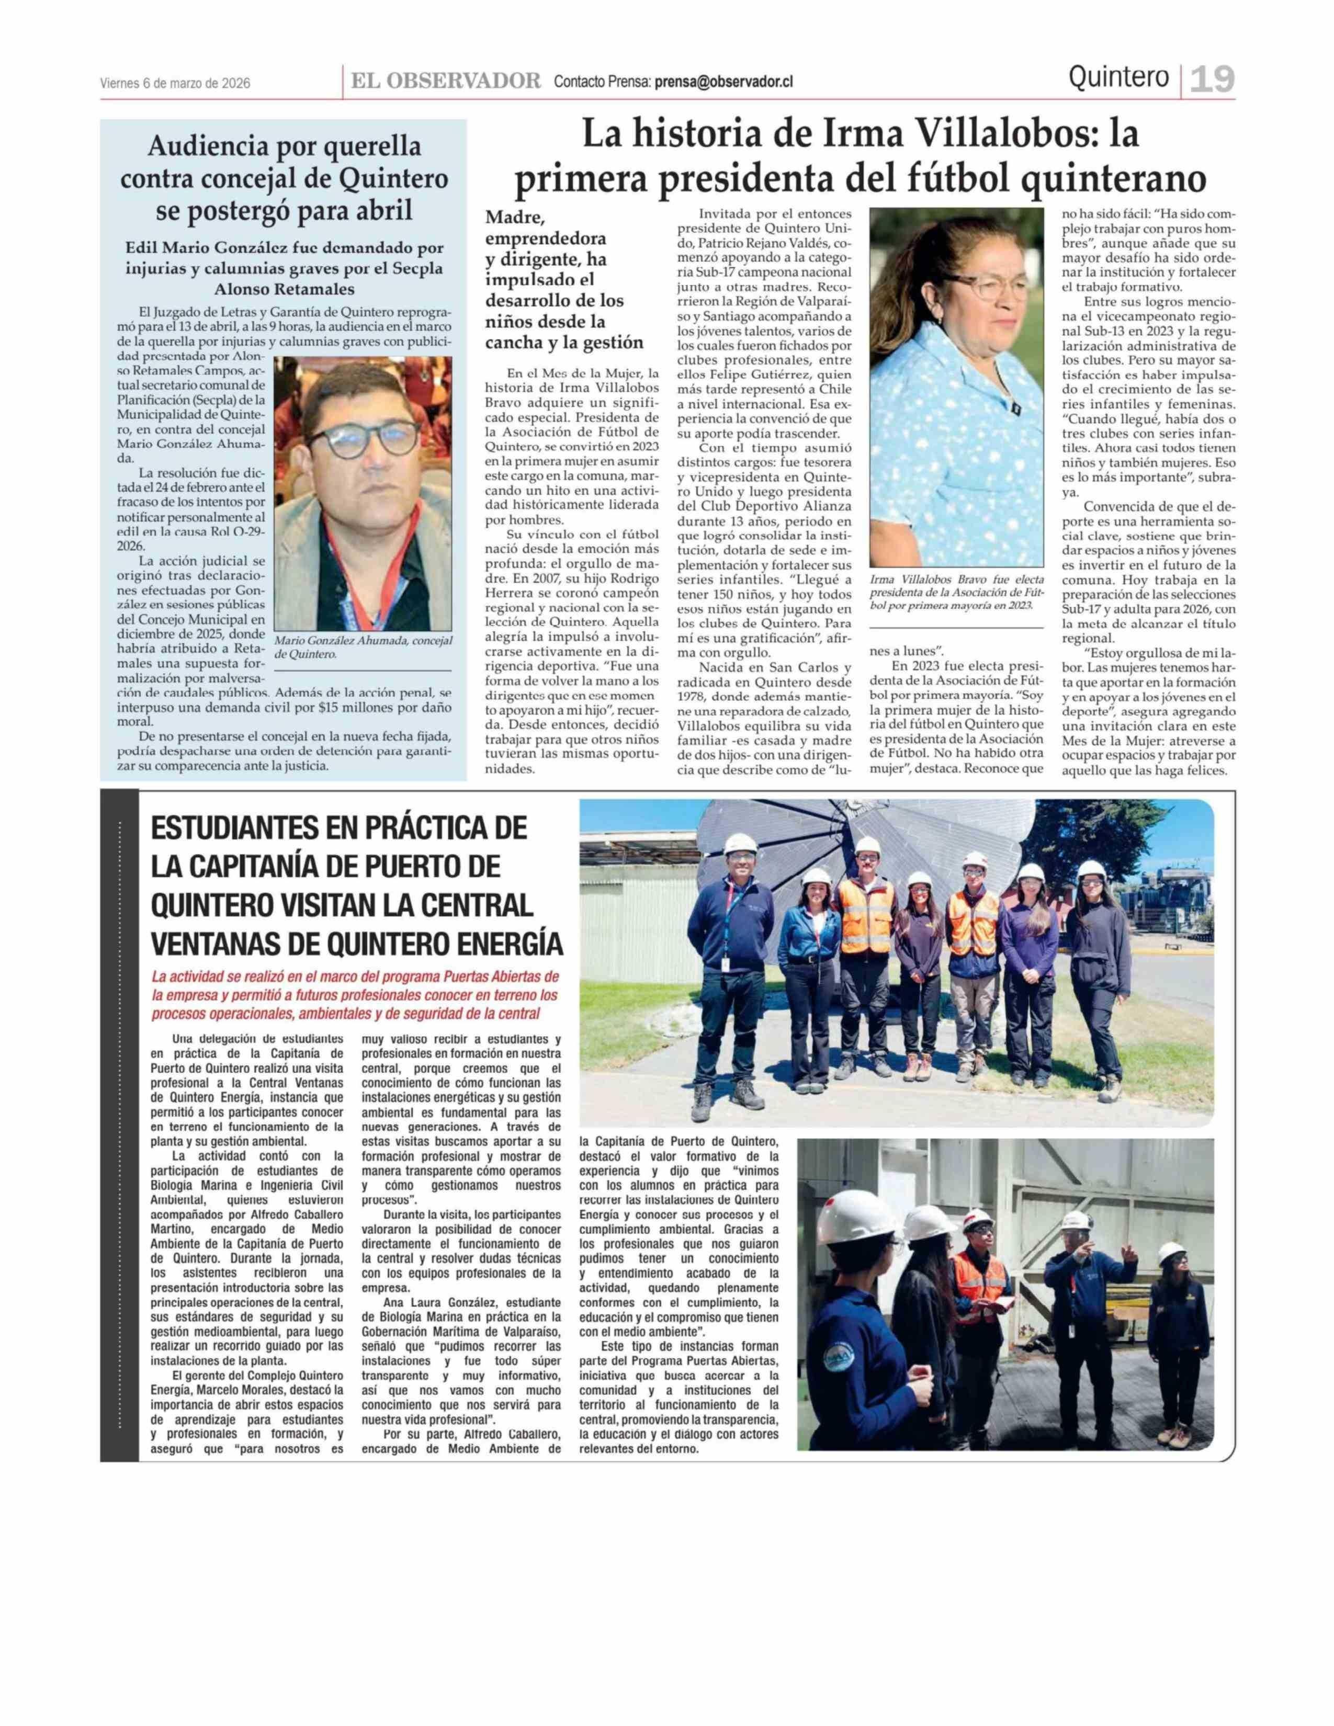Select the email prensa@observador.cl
[723, 82]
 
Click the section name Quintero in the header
[1118, 77]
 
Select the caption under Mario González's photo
[363, 648]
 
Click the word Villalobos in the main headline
[949, 134]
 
